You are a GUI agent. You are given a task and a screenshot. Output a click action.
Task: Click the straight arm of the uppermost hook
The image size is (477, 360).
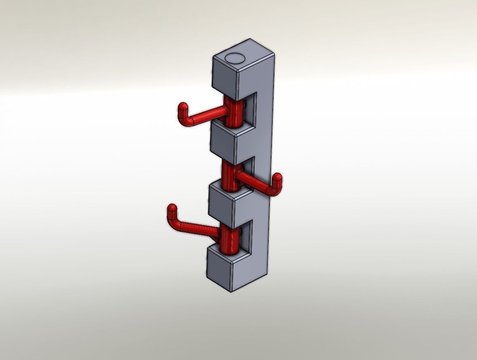(210, 114)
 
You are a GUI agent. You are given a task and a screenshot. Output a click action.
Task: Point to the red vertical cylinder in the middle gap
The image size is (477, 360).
(229, 175)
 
